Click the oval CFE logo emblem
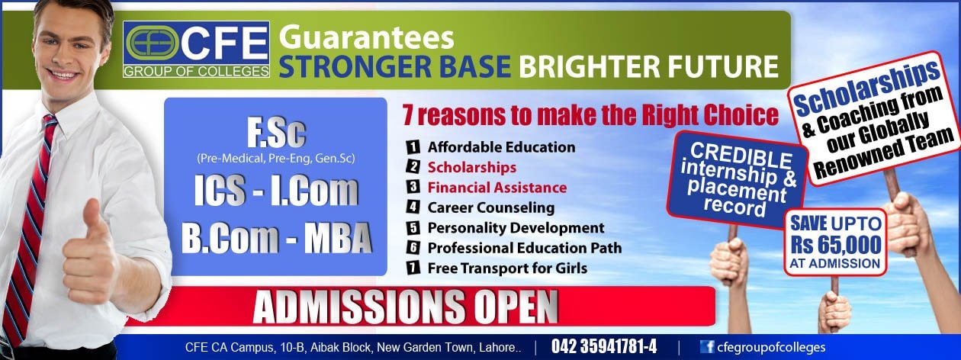click(x=153, y=43)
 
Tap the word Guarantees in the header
click(x=366, y=37)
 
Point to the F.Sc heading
click(x=276, y=133)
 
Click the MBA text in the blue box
click(x=338, y=237)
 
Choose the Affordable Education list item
click(x=501, y=147)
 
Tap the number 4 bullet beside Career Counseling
click(x=413, y=207)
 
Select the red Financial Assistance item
click(x=497, y=188)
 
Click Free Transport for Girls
click(x=507, y=268)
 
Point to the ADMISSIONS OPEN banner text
click(x=405, y=307)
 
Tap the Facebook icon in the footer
click(x=706, y=347)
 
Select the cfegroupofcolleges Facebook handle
click(x=771, y=347)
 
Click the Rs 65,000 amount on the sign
click(x=836, y=245)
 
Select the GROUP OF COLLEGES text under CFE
click(x=196, y=71)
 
